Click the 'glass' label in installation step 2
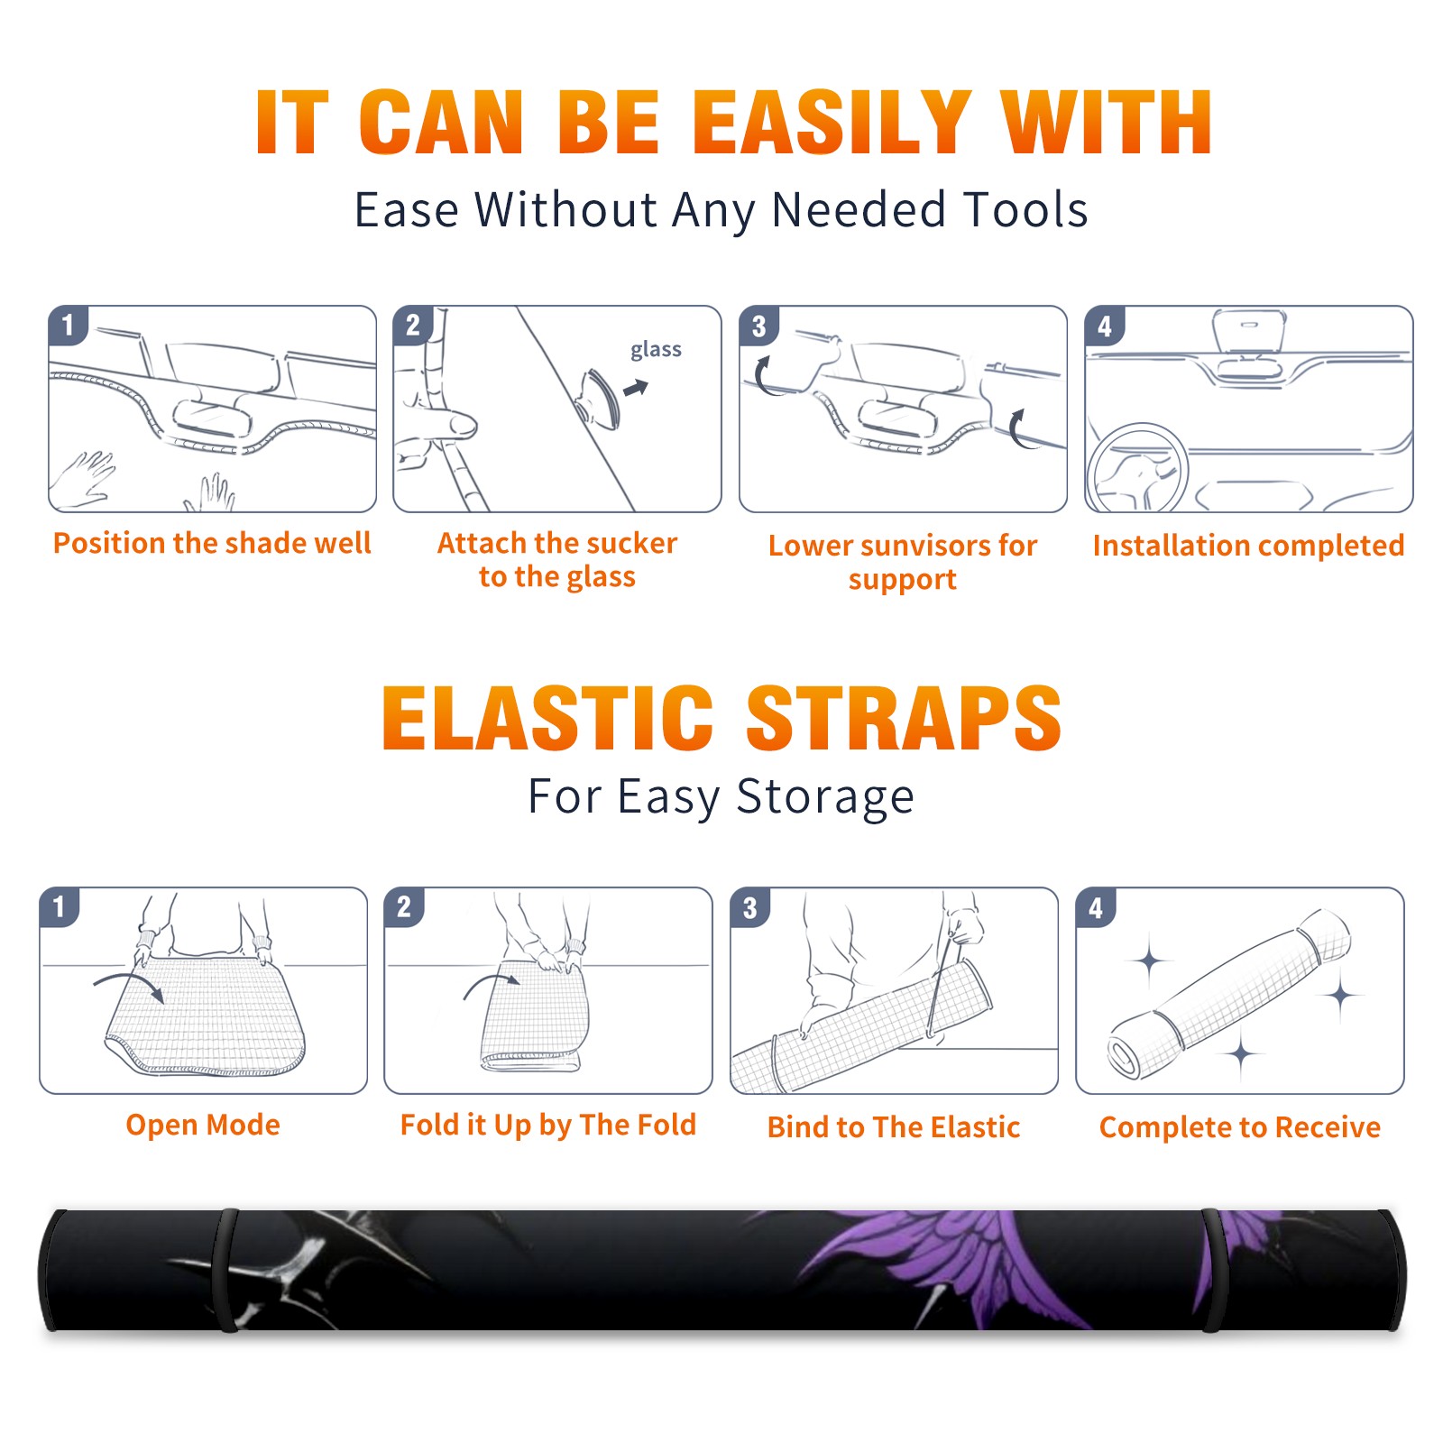point(656,350)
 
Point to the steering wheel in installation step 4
point(1137,469)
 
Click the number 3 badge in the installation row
point(759,326)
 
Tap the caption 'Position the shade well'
point(212,543)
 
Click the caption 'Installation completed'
point(1248,546)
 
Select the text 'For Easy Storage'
point(721,797)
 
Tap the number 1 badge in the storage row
point(60,907)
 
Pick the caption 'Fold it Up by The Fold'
point(548,1125)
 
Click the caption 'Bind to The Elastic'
point(894,1127)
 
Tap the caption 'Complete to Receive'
point(1240,1127)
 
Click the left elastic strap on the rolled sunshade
point(225,1270)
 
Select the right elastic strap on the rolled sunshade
point(1211,1270)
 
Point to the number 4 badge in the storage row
point(1096,907)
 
